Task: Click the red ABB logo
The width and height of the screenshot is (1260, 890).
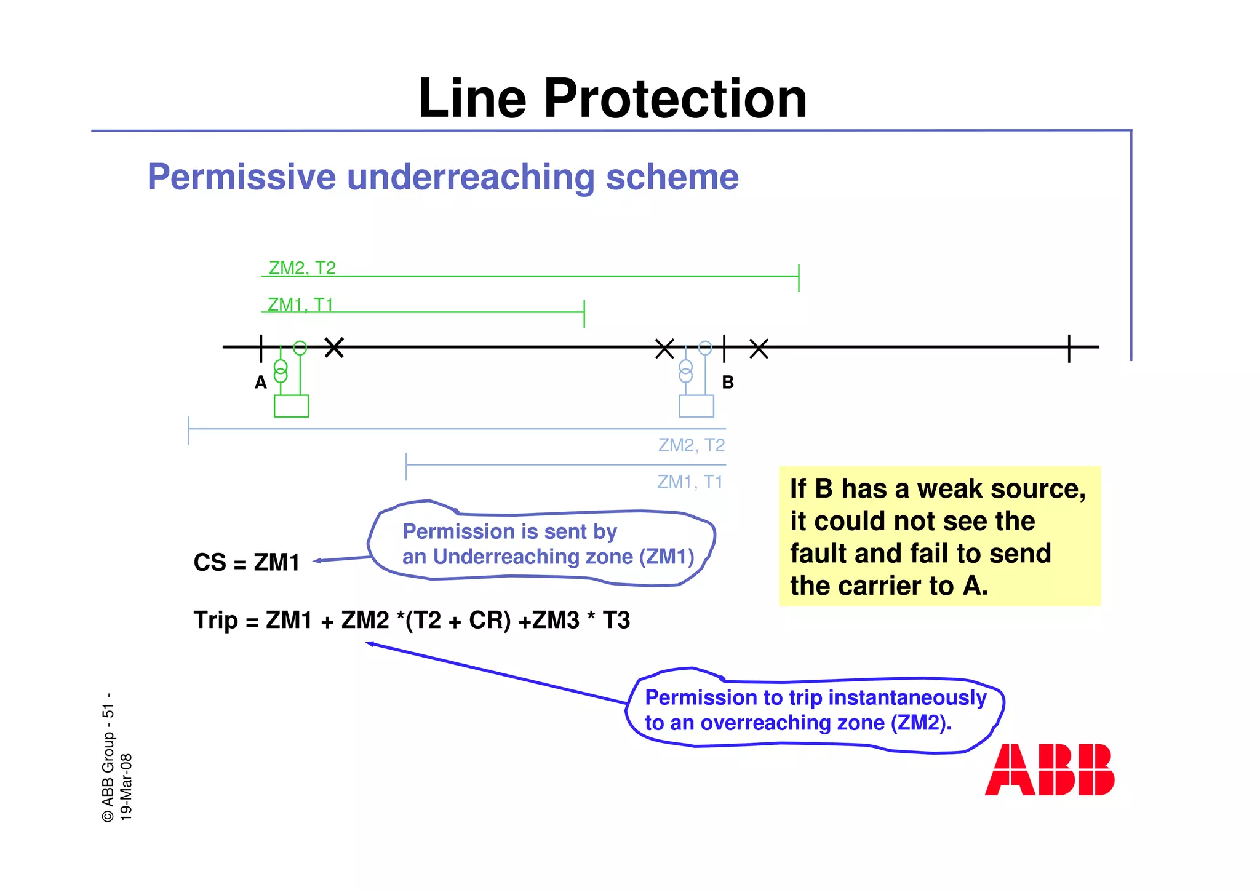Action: (1049, 769)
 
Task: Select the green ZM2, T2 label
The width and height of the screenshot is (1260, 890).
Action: (302, 268)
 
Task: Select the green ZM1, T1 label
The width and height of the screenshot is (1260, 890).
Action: (300, 304)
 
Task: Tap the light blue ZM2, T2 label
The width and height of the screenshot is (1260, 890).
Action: (691, 445)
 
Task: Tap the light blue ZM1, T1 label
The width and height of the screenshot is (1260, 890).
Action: (690, 481)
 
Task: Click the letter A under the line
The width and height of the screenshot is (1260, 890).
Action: (261, 383)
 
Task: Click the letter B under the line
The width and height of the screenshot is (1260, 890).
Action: (728, 383)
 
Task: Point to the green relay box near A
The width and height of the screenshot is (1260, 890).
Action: (291, 406)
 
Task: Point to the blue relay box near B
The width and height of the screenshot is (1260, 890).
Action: (696, 406)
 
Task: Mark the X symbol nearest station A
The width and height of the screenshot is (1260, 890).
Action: (334, 348)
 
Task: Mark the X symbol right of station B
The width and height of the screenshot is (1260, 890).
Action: (759, 348)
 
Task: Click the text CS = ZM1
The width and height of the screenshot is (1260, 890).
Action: (246, 562)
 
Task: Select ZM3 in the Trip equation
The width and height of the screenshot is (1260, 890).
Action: (556, 620)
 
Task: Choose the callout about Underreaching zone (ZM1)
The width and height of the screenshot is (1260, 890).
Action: (541, 544)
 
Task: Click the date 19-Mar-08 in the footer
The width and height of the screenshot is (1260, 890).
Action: (126, 787)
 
